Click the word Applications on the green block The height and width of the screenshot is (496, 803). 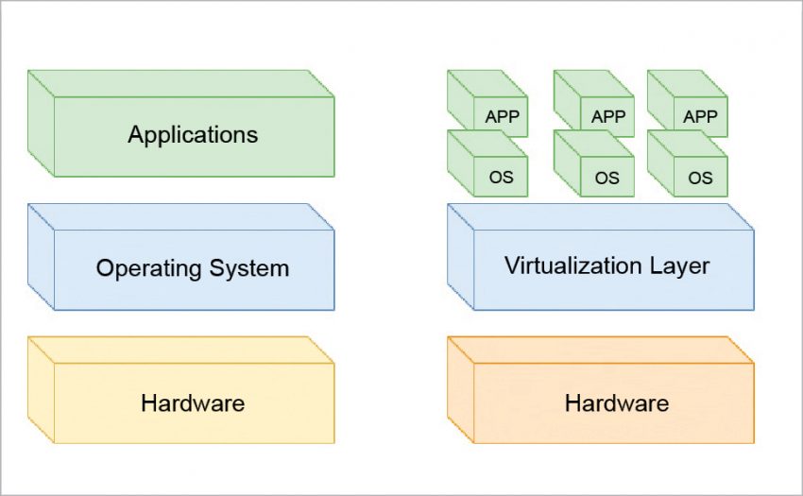(193, 134)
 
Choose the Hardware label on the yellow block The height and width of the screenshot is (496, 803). (193, 403)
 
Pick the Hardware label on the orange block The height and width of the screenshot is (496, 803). (617, 403)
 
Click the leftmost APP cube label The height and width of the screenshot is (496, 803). (502, 117)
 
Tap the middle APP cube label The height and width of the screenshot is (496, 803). (607, 117)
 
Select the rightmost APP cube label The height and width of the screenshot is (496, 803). (700, 117)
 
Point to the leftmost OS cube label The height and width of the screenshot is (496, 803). (502, 177)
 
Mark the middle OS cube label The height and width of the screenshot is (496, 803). (607, 177)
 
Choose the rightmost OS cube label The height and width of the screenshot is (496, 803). (700, 177)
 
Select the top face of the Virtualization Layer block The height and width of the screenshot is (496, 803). (601, 216)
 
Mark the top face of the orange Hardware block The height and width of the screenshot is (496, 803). (601, 350)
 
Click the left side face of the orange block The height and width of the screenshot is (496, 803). (460, 389)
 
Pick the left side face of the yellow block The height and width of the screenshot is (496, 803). (41, 389)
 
